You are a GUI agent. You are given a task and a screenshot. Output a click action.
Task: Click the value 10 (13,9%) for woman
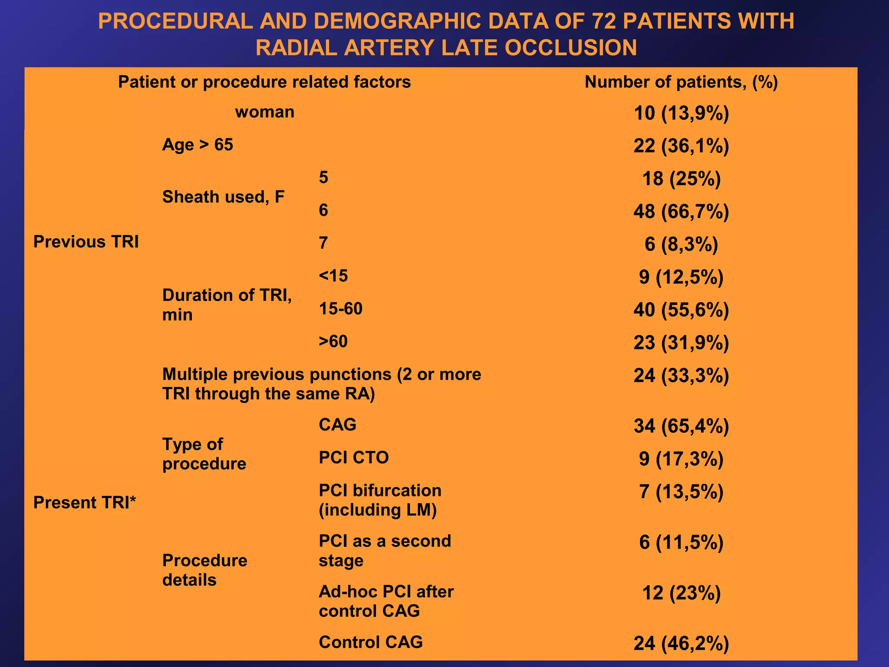[x=681, y=113]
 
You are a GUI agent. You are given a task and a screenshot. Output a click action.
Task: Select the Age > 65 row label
[x=198, y=145]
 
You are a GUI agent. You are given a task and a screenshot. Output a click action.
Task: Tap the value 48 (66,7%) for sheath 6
[x=681, y=211]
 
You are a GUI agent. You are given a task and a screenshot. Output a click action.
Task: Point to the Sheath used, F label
[x=223, y=197]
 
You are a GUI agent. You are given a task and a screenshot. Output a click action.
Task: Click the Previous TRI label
[x=86, y=242]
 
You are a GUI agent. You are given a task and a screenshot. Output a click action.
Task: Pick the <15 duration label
[x=333, y=276]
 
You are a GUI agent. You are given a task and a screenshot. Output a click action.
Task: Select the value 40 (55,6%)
[x=681, y=310]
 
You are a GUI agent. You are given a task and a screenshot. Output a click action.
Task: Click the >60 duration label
[x=333, y=342]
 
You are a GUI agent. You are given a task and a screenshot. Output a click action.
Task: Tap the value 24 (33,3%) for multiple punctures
[x=681, y=376]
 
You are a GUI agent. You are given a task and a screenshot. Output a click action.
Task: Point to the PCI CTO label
[x=353, y=458]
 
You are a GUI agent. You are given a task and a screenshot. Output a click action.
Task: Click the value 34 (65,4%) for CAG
[x=681, y=426]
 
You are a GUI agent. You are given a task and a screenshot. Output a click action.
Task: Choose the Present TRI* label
[x=85, y=502]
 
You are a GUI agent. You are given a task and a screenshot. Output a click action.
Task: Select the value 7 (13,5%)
[x=681, y=492]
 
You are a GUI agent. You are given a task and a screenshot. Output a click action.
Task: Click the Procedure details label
[x=204, y=570]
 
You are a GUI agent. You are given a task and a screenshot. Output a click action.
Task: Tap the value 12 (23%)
[x=681, y=593]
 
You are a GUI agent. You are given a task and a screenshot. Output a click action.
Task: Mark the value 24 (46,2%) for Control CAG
[x=681, y=644]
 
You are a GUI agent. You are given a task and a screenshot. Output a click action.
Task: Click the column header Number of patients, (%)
[x=681, y=82]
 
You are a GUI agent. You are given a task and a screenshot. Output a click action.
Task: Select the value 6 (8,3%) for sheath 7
[x=681, y=244]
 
